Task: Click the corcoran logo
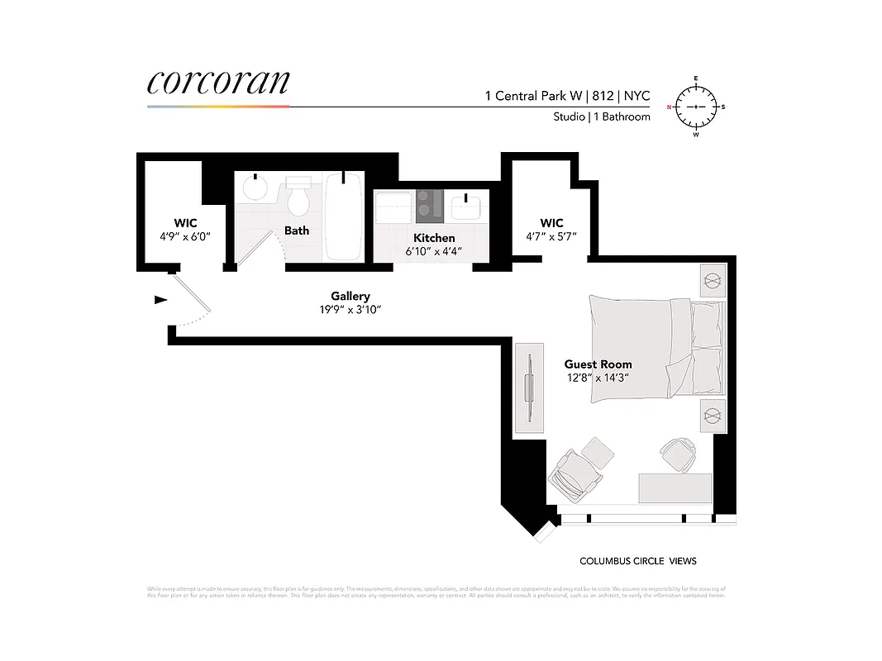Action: click(x=218, y=83)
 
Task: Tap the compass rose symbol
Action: click(x=696, y=107)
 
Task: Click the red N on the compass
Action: click(x=670, y=107)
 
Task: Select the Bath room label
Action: click(x=297, y=231)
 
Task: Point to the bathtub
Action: click(x=344, y=216)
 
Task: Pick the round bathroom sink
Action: click(x=255, y=189)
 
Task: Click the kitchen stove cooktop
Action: click(x=430, y=206)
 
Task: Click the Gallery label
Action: click(x=350, y=296)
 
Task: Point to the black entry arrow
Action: click(x=160, y=299)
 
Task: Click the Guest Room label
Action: click(x=598, y=364)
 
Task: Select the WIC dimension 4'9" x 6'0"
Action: click(x=184, y=236)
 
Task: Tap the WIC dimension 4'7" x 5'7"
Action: click(x=551, y=236)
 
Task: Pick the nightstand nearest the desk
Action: click(x=712, y=415)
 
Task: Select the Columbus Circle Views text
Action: click(x=637, y=561)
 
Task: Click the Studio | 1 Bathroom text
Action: click(x=602, y=117)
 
